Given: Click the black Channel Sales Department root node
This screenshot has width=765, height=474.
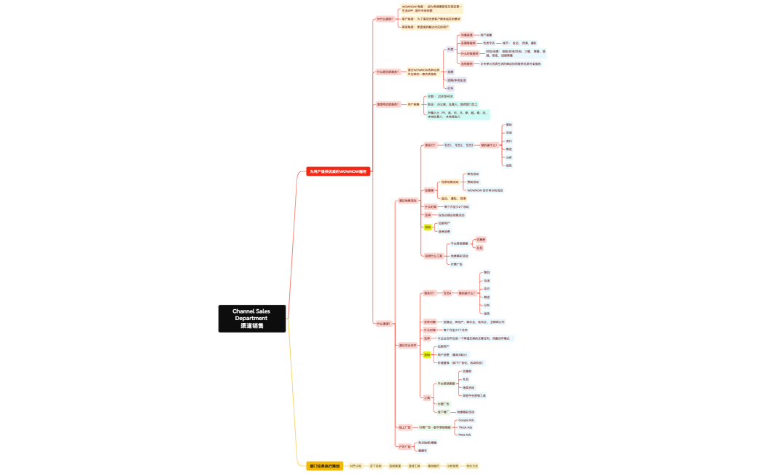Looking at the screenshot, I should [252, 319].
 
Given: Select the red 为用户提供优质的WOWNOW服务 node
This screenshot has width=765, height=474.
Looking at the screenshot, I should [339, 171].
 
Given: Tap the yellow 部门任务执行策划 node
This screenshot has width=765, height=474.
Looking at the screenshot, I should [324, 465].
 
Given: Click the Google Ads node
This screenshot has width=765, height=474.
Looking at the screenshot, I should [466, 420].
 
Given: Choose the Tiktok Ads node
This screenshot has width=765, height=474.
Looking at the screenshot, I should [466, 427].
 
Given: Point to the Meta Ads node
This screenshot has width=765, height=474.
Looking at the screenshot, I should [465, 435].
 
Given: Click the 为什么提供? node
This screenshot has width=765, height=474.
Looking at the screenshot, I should [384, 19].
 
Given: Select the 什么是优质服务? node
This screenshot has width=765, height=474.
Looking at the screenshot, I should [387, 72].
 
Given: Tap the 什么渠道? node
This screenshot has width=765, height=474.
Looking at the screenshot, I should [384, 323].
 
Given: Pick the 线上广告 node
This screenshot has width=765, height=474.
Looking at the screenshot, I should [404, 427].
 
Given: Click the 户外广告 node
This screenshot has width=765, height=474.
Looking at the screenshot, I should [404, 446].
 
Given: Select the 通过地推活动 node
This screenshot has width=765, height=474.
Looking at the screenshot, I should [408, 201].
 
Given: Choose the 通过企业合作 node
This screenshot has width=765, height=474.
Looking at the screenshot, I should [408, 345].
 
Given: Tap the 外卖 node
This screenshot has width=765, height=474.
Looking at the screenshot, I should [450, 50].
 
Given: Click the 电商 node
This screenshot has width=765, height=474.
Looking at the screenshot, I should [450, 71].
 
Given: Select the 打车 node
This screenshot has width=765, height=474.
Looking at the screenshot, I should [450, 88].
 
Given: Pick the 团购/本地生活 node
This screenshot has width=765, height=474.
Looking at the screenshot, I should [457, 79].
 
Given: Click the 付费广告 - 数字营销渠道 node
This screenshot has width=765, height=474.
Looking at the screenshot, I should [435, 427].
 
